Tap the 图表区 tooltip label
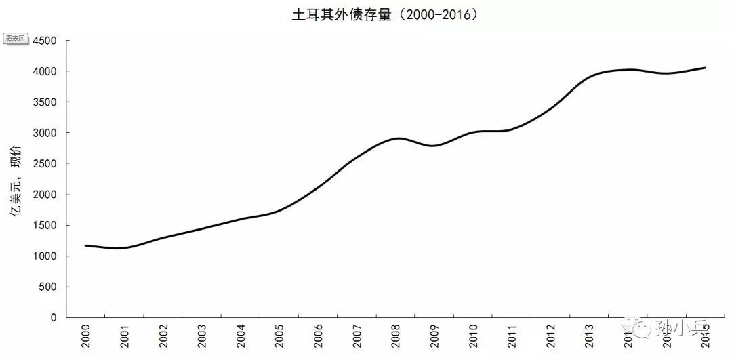tap(15, 39)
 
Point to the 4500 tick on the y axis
tap(45, 41)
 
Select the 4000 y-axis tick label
tap(45, 71)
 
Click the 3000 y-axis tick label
tap(45, 133)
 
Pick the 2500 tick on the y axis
tap(45, 163)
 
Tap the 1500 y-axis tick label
tap(45, 225)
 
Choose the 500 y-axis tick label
tap(49, 287)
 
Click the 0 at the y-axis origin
tap(55, 317)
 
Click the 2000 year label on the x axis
tap(86, 336)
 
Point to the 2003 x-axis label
tap(202, 336)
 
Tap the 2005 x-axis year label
tap(280, 336)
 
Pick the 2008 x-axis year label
tap(396, 336)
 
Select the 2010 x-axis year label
tap(474, 336)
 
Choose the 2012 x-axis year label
tap(552, 336)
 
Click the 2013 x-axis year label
tap(590, 336)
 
